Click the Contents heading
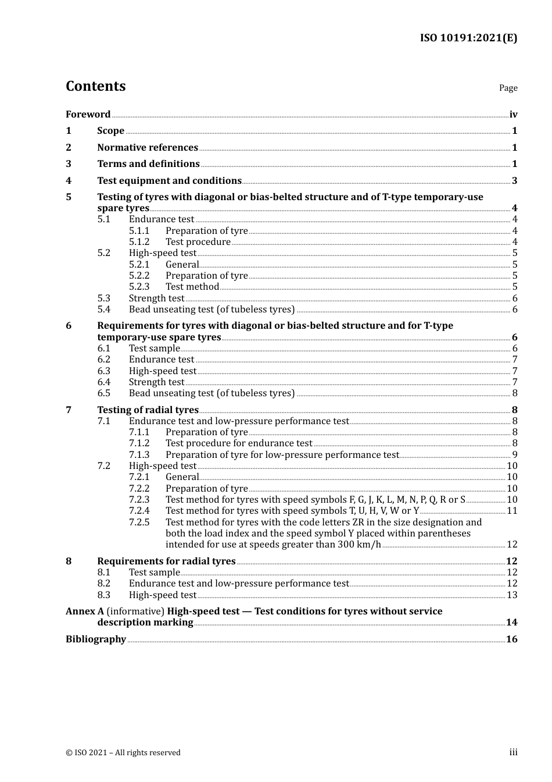pyautogui.click(x=95, y=86)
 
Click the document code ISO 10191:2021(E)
pyautogui.click(x=468, y=38)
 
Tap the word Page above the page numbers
pyautogui.click(x=508, y=88)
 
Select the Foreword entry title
pyautogui.click(x=88, y=115)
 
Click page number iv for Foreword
pyautogui.click(x=513, y=115)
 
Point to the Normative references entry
pyautogui.click(x=148, y=148)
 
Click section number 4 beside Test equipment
pyautogui.click(x=69, y=181)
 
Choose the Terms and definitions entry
pyautogui.click(x=148, y=164)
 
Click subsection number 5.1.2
pyautogui.click(x=139, y=242)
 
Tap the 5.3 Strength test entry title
pyautogui.click(x=156, y=298)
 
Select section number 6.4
pyautogui.click(x=103, y=382)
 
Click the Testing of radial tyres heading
pyautogui.click(x=148, y=410)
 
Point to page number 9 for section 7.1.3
pyautogui.click(x=515, y=455)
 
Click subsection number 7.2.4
pyautogui.click(x=139, y=511)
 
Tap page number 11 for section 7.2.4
pyautogui.click(x=512, y=511)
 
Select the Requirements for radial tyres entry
pyautogui.click(x=166, y=561)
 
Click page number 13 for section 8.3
pyautogui.click(x=512, y=595)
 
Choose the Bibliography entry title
pyautogui.click(x=96, y=639)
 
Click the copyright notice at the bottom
pyautogui.click(x=123, y=753)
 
